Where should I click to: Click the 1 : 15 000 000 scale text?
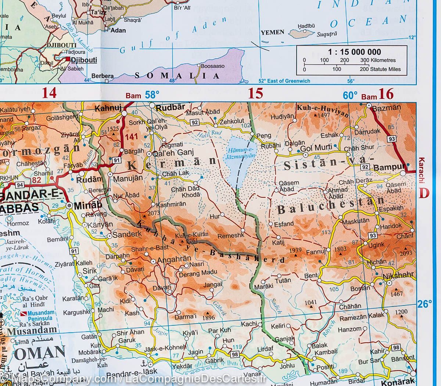click(x=352, y=52)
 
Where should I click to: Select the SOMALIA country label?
click(x=177, y=76)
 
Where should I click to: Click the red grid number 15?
click(x=255, y=94)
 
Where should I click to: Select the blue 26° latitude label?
click(x=424, y=304)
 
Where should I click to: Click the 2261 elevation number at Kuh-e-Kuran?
click(x=191, y=241)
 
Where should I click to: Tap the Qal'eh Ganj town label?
click(x=170, y=153)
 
